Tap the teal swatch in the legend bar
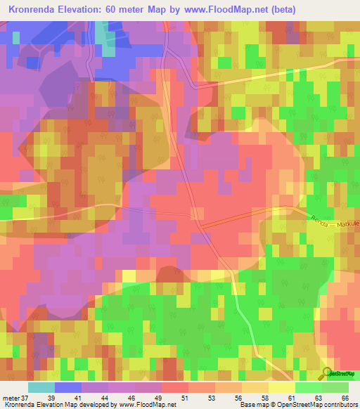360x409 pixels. pyautogui.click(x=41, y=387)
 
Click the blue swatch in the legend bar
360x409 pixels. pyautogui.click(x=68, y=387)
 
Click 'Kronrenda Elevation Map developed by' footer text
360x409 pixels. pyautogui.click(x=60, y=405)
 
